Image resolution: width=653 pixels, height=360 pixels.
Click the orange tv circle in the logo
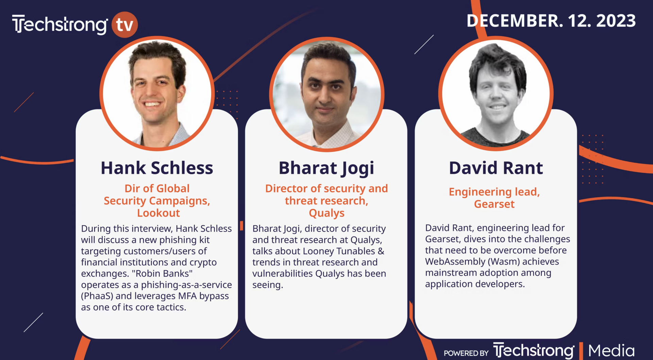pyautogui.click(x=124, y=24)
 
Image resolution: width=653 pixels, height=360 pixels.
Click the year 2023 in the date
pyautogui.click(x=616, y=21)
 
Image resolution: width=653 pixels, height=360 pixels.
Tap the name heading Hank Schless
pyautogui.click(x=157, y=168)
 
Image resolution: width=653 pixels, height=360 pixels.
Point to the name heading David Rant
pyautogui.click(x=496, y=168)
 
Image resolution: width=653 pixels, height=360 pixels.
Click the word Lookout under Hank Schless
pyautogui.click(x=158, y=213)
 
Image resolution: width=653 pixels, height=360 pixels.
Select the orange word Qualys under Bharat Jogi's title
pyautogui.click(x=326, y=213)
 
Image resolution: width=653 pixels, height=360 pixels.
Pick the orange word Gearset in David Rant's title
pyautogui.click(x=494, y=204)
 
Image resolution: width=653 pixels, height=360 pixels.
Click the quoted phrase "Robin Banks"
pyautogui.click(x=162, y=273)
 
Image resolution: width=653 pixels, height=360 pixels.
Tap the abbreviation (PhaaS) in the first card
pyautogui.click(x=97, y=296)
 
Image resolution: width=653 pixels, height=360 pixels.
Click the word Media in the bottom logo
pyautogui.click(x=612, y=350)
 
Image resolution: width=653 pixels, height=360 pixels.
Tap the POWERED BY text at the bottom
pyautogui.click(x=466, y=353)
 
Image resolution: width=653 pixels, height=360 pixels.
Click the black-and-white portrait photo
pyautogui.click(x=496, y=93)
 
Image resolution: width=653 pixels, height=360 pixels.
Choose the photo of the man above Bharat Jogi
pyautogui.click(x=326, y=94)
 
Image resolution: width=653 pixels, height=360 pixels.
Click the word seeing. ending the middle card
pyautogui.click(x=268, y=285)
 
